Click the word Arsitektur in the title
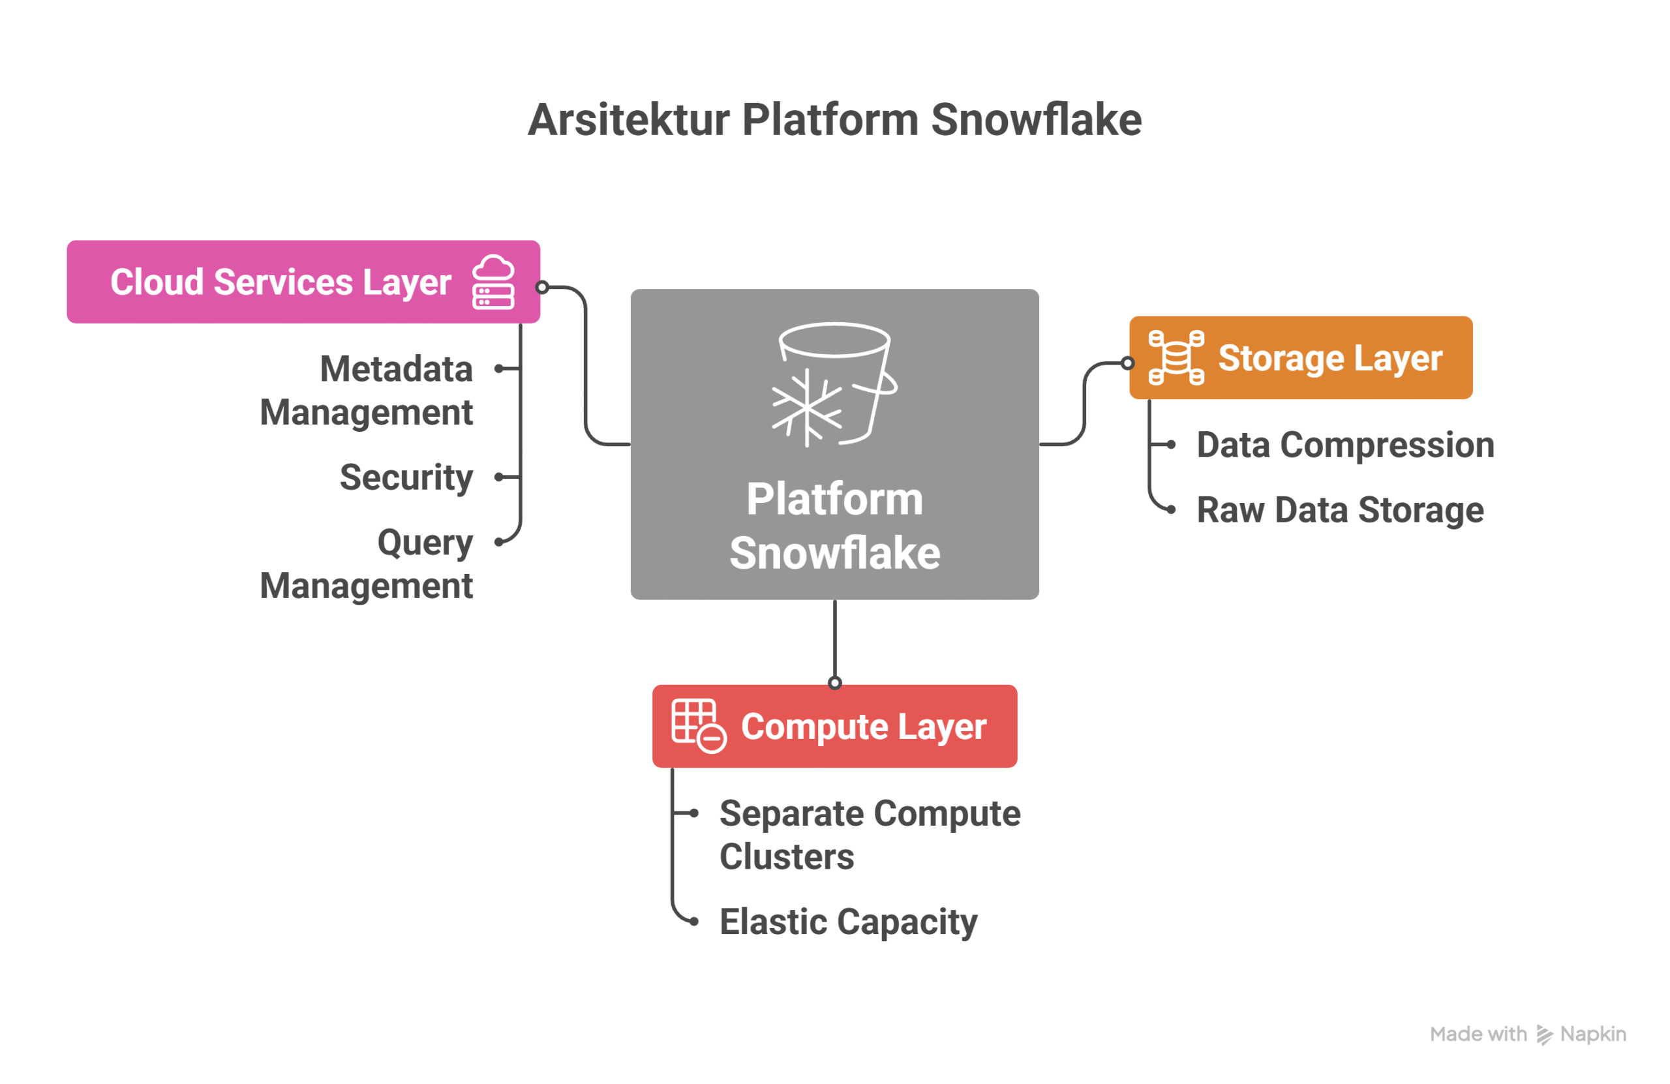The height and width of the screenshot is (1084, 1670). coord(628,120)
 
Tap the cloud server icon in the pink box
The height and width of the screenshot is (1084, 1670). coord(493,282)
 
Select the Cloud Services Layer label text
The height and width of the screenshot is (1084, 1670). coord(281,282)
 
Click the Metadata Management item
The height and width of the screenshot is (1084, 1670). coord(366,390)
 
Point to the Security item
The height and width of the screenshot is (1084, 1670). coord(406,477)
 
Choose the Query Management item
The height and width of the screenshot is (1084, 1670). coord(366,564)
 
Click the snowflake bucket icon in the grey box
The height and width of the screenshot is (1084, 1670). coord(834,384)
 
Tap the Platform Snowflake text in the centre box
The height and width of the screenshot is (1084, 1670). coord(834,526)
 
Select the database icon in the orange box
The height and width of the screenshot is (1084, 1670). coord(1176,358)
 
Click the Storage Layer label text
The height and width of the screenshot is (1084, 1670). coord(1329,358)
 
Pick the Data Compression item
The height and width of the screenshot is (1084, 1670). coord(1345,445)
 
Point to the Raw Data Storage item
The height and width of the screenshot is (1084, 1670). coord(1339,510)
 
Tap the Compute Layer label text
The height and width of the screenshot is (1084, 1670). coord(863,726)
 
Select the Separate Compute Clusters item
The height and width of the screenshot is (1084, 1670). coord(870,835)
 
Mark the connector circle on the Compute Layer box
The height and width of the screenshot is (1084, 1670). coord(834,683)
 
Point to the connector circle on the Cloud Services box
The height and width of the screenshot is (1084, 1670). coord(541,287)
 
